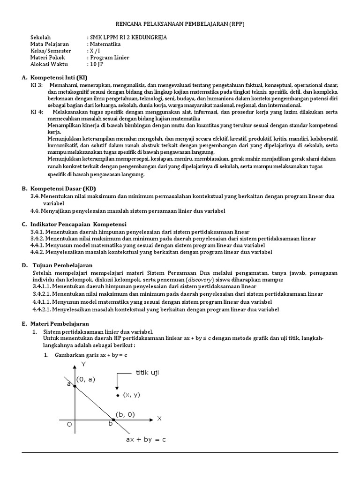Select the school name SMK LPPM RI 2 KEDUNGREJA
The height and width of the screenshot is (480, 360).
click(127, 37)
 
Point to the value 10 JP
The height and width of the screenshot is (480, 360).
click(95, 64)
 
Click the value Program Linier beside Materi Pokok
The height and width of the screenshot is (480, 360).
click(110, 58)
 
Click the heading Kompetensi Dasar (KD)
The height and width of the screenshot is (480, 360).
click(63, 188)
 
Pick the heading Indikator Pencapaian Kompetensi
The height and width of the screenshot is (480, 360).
click(78, 225)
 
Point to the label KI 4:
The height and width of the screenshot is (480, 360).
click(37, 112)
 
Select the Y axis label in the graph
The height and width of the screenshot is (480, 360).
click(83, 364)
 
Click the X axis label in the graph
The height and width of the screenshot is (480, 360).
click(159, 418)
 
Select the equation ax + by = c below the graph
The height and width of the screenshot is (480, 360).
click(146, 440)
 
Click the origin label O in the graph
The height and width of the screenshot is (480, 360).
click(69, 425)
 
